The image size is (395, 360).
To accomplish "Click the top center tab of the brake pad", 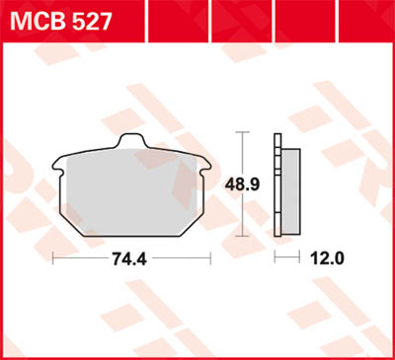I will (x=132, y=144).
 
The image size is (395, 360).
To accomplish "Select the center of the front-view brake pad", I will (x=132, y=192).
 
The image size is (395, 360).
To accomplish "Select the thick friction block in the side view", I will (x=288, y=192).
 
